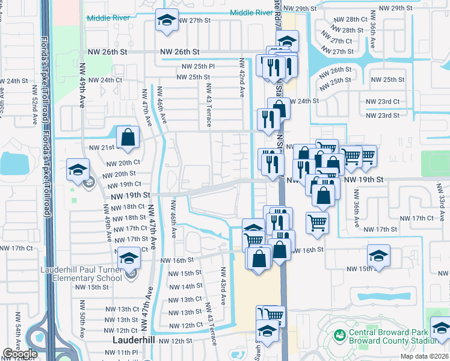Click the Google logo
20,354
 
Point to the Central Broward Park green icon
339,333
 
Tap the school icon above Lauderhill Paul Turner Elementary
128,258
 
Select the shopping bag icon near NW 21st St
128,137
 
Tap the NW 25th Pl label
198,66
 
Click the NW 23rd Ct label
383,102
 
